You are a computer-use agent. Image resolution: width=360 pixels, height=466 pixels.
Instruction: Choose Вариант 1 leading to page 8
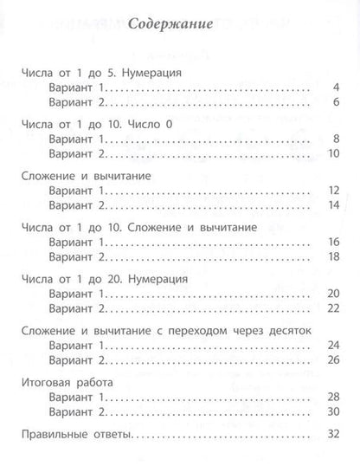(x=77, y=139)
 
